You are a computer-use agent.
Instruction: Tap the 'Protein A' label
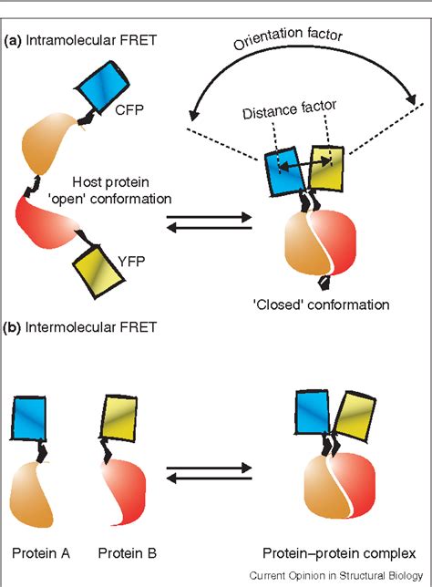pos(38,552)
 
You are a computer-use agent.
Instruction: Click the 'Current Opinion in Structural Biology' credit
pos(336,575)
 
